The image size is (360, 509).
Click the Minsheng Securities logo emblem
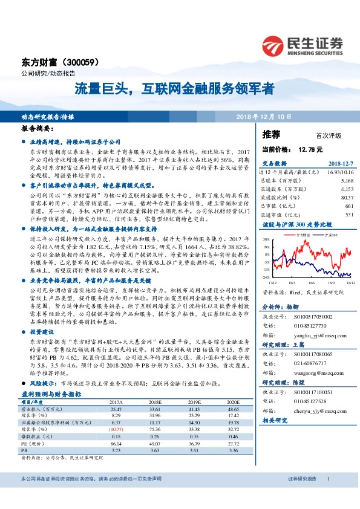coord(274,45)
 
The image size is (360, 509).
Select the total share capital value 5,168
coord(347,180)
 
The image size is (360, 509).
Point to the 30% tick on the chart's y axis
coord(266,239)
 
